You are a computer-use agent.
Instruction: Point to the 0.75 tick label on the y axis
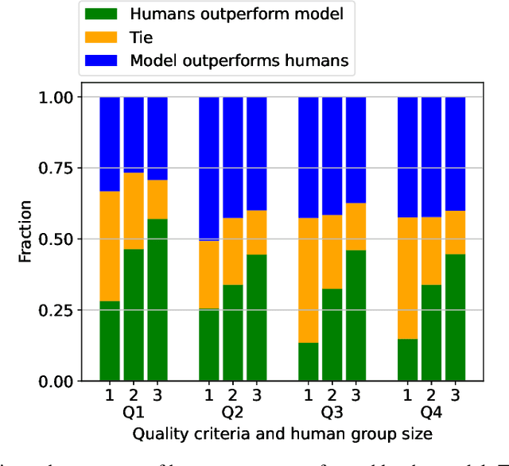pos(57,168)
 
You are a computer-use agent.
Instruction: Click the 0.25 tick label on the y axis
pos(57,310)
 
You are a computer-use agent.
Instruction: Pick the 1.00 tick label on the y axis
pos(57,97)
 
